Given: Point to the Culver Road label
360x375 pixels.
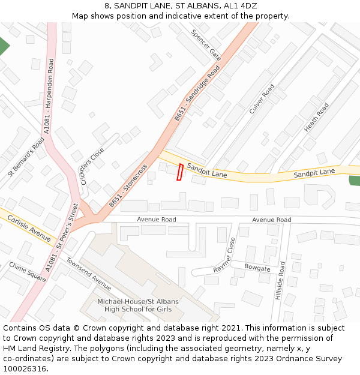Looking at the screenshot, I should click(262, 99).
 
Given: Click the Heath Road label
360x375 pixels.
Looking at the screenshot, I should click(316, 118).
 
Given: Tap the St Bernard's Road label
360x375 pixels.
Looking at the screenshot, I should click(26, 157).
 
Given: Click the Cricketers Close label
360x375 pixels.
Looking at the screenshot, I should click(92, 166).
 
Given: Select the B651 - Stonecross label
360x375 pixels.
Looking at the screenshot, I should click(128, 185).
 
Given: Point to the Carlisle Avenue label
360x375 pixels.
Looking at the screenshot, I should click(29, 229).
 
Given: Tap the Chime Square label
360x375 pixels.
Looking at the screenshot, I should click(28, 271).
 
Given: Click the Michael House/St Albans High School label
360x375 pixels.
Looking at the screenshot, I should click(138, 305).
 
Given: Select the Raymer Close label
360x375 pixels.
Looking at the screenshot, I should click(224, 255).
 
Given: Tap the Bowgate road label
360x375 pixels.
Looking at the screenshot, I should click(257, 268).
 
